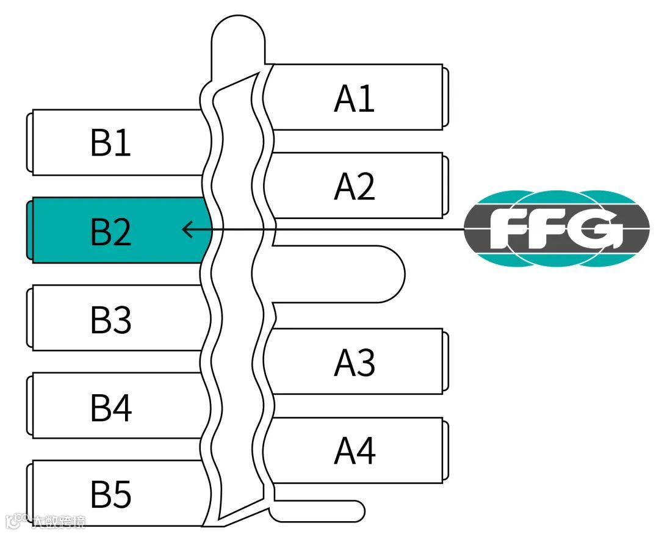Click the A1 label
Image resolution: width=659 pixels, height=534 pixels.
(354, 98)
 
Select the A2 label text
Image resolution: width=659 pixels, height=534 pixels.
(354, 186)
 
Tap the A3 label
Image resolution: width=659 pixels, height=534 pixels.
(354, 363)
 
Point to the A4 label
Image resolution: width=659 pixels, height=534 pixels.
(354, 450)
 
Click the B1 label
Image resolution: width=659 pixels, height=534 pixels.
(110, 143)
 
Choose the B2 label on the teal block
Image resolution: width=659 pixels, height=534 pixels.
(110, 231)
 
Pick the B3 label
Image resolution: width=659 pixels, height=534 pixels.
(110, 319)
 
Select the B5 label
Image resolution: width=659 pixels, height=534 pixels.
(110, 494)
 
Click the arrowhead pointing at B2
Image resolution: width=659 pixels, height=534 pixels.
(187, 229)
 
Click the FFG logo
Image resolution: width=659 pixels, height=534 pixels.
(556, 229)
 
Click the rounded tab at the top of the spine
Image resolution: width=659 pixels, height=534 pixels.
(238, 37)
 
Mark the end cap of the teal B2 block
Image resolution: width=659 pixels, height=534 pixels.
(29, 230)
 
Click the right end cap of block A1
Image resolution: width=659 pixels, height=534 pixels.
(446, 97)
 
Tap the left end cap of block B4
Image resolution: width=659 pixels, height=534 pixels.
(29, 406)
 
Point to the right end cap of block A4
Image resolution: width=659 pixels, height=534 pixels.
(446, 450)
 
